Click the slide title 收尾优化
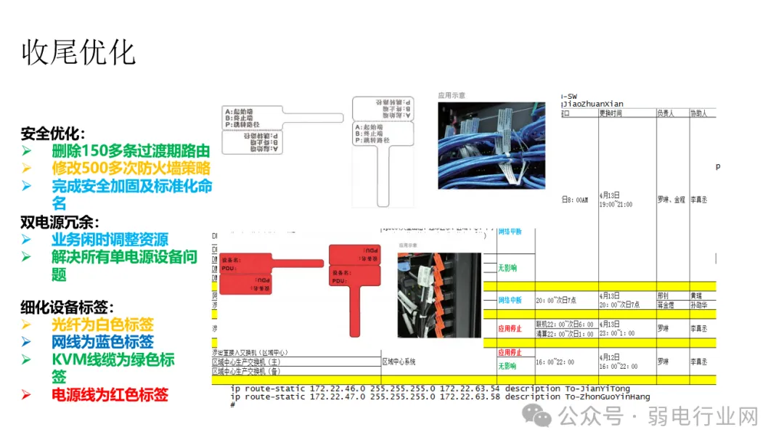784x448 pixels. click(x=78, y=53)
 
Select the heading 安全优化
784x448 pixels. click(x=52, y=134)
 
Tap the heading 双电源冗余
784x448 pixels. click(x=60, y=222)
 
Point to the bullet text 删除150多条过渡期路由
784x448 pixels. click(x=131, y=151)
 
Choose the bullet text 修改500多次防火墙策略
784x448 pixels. click(x=131, y=168)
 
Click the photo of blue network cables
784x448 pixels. click(x=491, y=145)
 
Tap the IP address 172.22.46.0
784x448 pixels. click(x=338, y=388)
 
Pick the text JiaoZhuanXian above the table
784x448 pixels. click(x=593, y=104)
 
